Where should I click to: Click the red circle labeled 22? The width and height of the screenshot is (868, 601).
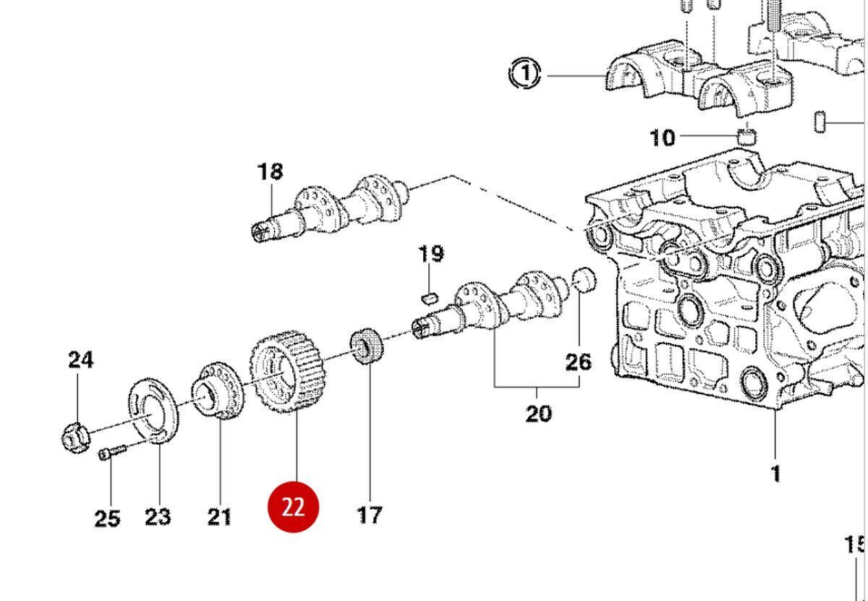click(293, 506)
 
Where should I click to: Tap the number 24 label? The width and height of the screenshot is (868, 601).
click(81, 359)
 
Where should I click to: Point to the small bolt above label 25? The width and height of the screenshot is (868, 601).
click(112, 452)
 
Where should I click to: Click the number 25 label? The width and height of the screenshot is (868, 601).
click(107, 518)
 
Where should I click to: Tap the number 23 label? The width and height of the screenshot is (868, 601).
click(158, 516)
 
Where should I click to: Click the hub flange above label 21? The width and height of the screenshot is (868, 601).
click(216, 391)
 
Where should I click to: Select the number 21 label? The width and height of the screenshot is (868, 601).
click(219, 516)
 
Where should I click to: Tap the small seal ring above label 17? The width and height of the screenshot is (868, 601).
click(367, 346)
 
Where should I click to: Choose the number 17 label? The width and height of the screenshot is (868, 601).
click(370, 515)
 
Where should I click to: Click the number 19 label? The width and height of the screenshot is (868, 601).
click(430, 254)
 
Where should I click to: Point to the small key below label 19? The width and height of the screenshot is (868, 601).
click(429, 296)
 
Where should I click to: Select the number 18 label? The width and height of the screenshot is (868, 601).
click(271, 171)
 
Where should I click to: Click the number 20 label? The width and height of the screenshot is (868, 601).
click(537, 414)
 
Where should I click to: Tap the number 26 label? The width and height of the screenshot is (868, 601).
click(578, 361)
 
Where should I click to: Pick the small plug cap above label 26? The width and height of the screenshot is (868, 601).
click(583, 278)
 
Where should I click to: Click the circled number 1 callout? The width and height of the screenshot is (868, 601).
click(526, 74)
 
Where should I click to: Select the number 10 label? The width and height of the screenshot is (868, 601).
click(663, 137)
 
